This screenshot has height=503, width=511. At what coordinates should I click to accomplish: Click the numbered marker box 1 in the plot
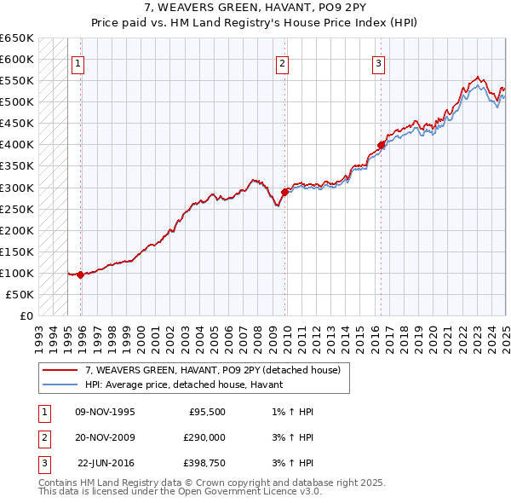click(x=78, y=62)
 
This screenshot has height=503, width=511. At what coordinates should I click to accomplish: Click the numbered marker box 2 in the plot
click(x=282, y=62)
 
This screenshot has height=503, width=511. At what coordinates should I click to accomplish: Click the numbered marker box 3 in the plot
click(x=378, y=62)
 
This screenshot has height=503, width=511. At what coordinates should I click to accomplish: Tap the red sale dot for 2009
click(x=284, y=192)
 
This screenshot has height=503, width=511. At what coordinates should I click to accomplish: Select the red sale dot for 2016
click(x=381, y=145)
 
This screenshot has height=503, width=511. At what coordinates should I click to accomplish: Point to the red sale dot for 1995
click(x=80, y=275)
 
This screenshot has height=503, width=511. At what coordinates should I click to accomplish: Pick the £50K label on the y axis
click(x=20, y=294)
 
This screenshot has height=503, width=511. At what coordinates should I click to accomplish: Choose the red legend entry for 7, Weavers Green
click(x=212, y=370)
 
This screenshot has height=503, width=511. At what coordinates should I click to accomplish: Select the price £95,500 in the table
click(x=206, y=411)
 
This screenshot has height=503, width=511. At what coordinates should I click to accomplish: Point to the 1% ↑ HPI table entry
click(x=290, y=411)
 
